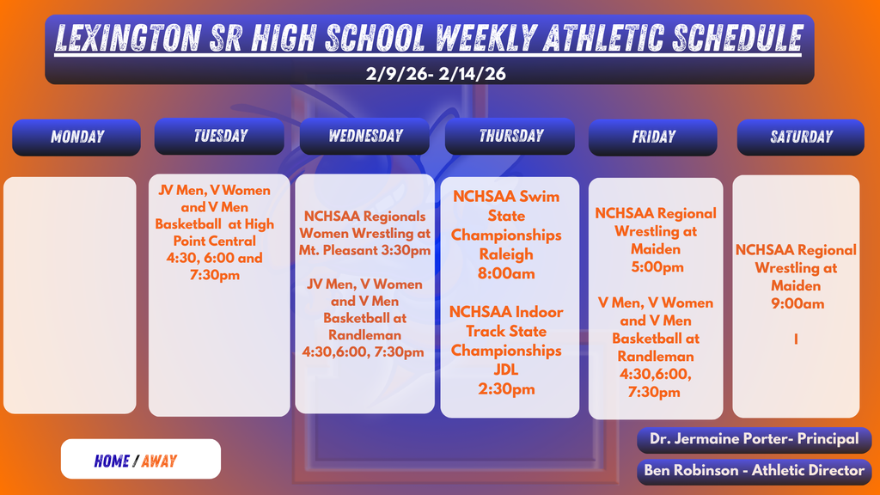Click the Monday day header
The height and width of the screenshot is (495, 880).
coord(76,137)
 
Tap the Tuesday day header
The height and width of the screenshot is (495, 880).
coord(220,136)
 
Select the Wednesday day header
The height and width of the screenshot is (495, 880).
coord(364,136)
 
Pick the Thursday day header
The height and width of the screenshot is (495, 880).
coord(510,136)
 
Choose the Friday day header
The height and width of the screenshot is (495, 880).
coord(653,137)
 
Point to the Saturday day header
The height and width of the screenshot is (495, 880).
coord(801,137)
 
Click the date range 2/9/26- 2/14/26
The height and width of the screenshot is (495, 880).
coord(436,74)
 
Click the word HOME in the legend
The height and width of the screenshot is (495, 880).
coord(112,461)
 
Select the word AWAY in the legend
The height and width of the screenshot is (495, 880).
coord(159,461)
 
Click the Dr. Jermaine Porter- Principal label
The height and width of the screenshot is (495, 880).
coord(754,439)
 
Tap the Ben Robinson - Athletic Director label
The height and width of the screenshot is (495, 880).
coord(754,470)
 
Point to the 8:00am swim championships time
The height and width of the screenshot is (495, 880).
coord(506,273)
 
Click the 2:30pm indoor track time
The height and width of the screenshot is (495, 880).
coord(506,389)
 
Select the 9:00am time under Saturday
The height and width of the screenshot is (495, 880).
coord(797,303)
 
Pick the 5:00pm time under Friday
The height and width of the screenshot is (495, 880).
coord(655,267)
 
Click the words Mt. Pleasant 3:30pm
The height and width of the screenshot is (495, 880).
coord(365,250)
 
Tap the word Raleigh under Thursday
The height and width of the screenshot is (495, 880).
coord(506,254)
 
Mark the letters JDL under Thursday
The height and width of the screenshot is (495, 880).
coord(506,370)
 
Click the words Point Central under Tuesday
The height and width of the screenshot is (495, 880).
coord(214,241)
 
